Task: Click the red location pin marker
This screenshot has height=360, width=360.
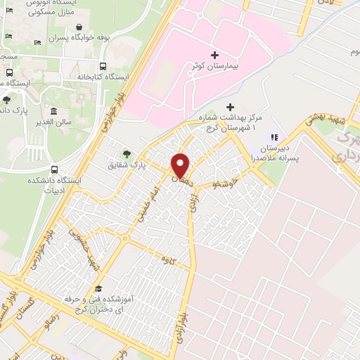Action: coord(181,166)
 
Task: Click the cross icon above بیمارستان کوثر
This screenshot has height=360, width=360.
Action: coord(214,54)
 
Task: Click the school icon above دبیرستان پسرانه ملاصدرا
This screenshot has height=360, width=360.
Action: coord(274,137)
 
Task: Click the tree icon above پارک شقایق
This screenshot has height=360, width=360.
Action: coord(127,153)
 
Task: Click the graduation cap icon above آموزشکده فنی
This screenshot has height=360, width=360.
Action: coord(98,289)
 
